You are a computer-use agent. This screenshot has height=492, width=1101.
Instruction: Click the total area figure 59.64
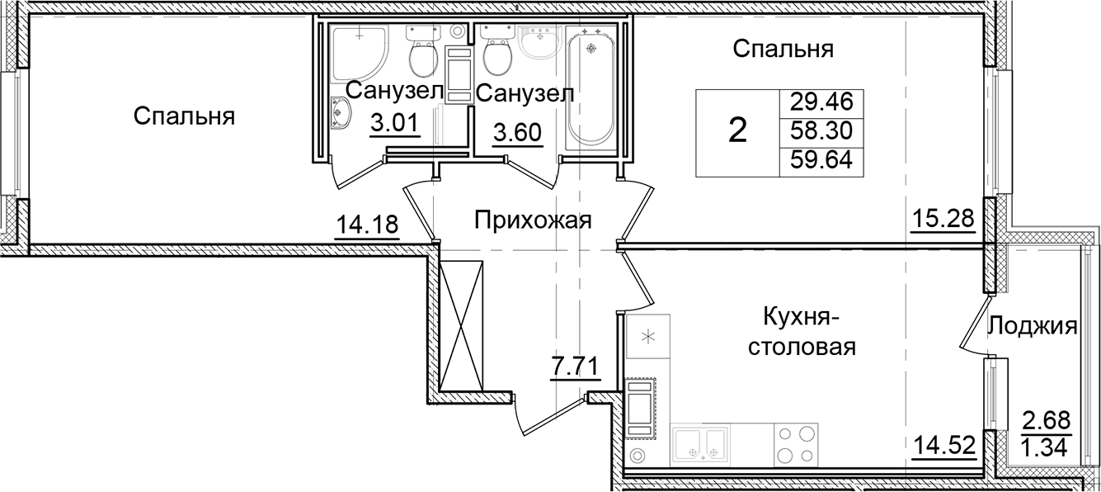821,160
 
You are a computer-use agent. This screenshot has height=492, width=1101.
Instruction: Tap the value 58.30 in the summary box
821,130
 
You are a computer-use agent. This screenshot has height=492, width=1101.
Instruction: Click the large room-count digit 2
738,130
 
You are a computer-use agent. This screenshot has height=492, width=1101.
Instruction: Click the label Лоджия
1033,325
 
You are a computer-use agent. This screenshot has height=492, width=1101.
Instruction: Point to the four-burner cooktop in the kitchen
795,447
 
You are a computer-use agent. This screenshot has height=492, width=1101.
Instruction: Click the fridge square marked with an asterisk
648,337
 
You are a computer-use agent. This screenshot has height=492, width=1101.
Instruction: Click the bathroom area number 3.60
517,132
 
